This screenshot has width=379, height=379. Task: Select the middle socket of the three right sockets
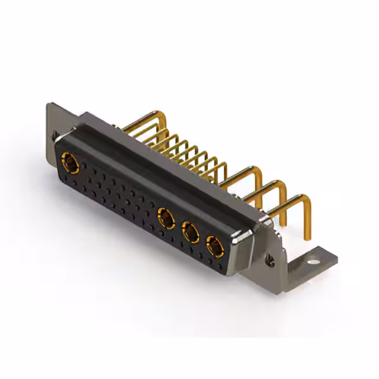pyautogui.click(x=190, y=232)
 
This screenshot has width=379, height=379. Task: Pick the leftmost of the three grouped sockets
pyautogui.click(x=166, y=219)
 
